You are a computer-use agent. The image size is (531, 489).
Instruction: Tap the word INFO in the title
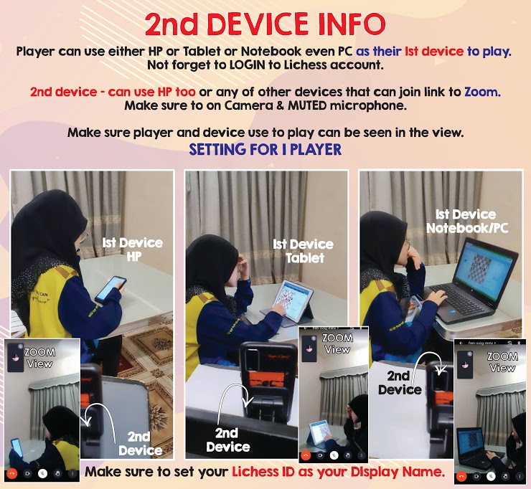[x=352, y=24]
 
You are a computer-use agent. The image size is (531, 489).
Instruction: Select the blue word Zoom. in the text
[x=482, y=92]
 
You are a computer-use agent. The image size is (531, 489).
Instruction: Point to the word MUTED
[x=307, y=105]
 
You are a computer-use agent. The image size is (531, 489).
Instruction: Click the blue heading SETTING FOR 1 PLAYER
[x=265, y=149]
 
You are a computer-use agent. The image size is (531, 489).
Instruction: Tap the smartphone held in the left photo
[x=111, y=290]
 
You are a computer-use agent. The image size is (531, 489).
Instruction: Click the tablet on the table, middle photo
[x=293, y=300]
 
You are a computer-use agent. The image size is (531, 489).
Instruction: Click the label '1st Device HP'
[x=133, y=250]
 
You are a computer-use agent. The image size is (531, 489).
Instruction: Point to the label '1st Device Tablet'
[x=304, y=251]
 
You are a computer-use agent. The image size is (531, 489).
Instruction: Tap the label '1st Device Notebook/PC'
[x=467, y=222]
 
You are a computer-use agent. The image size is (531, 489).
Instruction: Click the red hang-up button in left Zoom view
[x=11, y=473]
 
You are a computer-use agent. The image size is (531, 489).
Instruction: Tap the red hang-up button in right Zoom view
[x=461, y=477]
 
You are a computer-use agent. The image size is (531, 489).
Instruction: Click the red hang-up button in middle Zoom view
[x=306, y=455]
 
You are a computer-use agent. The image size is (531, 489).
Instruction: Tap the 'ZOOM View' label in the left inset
[x=40, y=358]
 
